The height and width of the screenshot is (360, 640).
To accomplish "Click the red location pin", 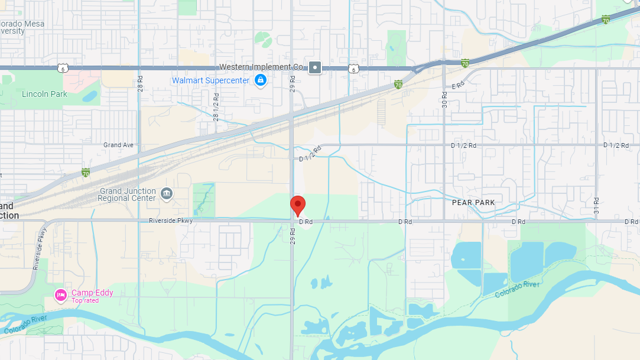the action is pyautogui.click(x=298, y=205).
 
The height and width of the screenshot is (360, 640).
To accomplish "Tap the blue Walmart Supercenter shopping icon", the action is pyautogui.click(x=260, y=80).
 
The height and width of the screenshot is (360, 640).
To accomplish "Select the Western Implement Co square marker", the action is pyautogui.click(x=316, y=67).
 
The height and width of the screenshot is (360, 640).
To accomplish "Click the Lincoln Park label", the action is pyautogui.click(x=44, y=94).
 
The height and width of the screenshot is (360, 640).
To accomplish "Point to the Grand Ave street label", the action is pyautogui.click(x=118, y=145).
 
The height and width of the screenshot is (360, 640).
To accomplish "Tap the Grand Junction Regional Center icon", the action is pyautogui.click(x=167, y=194).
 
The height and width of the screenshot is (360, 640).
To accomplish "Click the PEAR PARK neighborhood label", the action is pyautogui.click(x=473, y=202).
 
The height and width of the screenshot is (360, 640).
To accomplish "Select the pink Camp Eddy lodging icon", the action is pyautogui.click(x=60, y=294).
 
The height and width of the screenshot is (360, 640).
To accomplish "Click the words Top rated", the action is pyautogui.click(x=85, y=301).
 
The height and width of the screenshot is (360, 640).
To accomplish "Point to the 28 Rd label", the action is pyautogui.click(x=140, y=82).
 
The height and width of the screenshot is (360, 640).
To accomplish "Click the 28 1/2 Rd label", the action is pyautogui.click(x=216, y=106).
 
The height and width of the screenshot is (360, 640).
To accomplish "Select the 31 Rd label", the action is pyautogui.click(x=597, y=205).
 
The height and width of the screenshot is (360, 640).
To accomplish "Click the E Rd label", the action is pyautogui.click(x=459, y=86).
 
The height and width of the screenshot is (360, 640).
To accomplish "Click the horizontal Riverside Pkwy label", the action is pyautogui.click(x=171, y=220).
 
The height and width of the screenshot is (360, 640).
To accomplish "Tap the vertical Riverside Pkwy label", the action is pyautogui.click(x=40, y=248).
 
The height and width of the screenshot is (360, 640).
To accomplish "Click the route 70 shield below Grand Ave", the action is pyautogui.click(x=86, y=173).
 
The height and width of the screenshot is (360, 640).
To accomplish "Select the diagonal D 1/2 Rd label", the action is pyautogui.click(x=310, y=154).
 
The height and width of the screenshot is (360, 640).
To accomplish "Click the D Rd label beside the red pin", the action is pyautogui.click(x=305, y=222).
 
